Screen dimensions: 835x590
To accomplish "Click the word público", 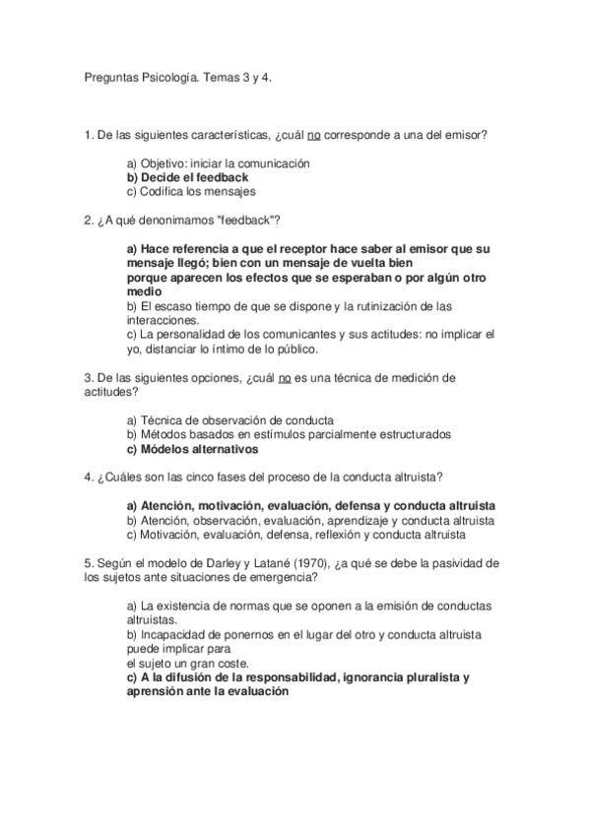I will pyautogui.click(x=321, y=348).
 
